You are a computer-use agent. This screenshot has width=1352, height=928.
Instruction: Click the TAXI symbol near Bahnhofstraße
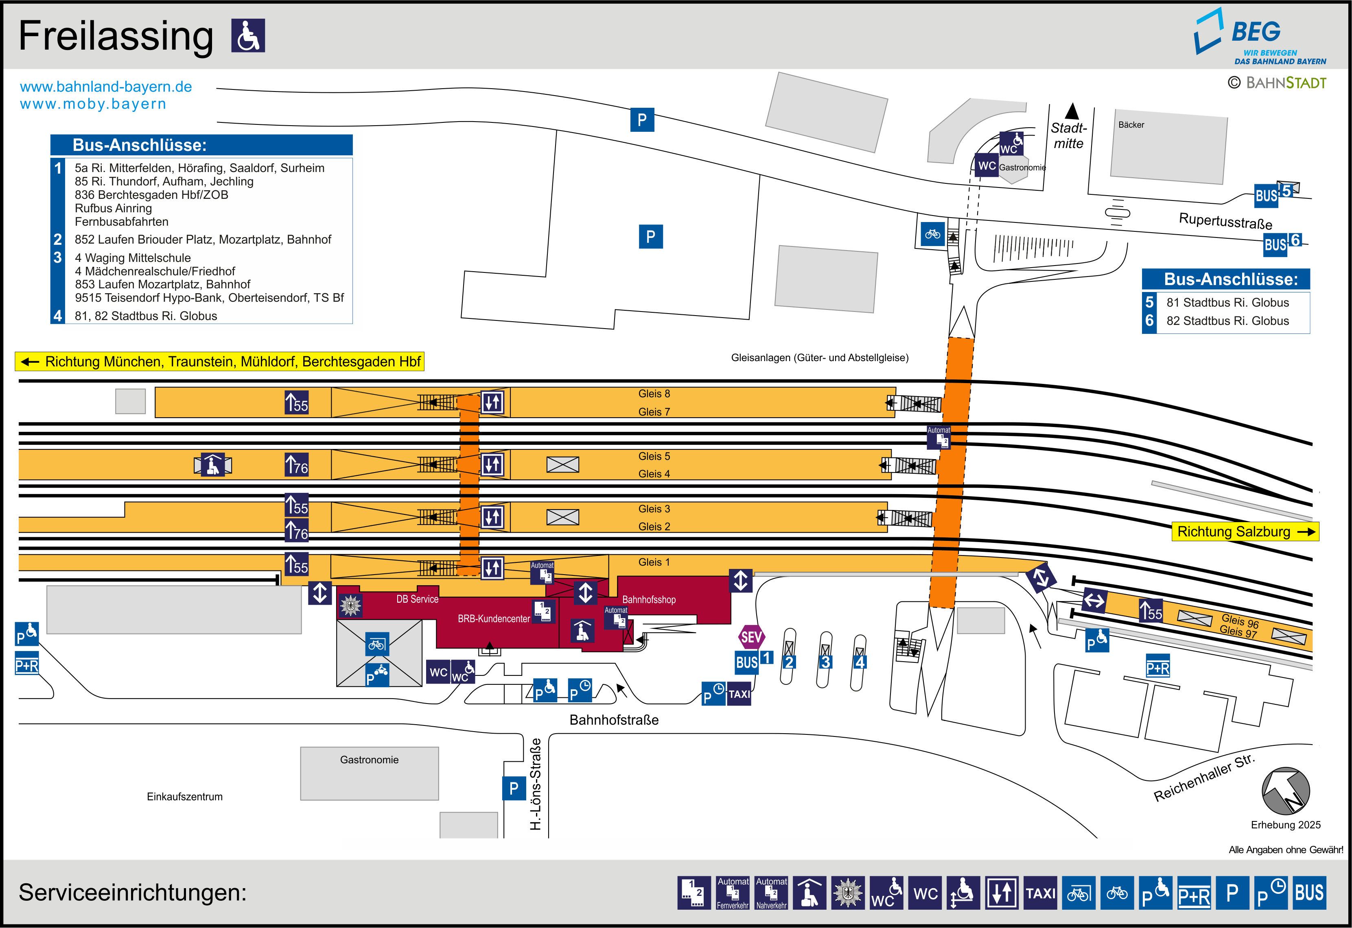[x=739, y=694]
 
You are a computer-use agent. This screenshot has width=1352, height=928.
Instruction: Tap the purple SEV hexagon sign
[x=751, y=637]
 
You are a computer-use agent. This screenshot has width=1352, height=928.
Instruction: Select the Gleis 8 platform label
[x=654, y=394]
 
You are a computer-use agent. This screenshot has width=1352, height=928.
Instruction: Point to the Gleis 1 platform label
[x=654, y=562]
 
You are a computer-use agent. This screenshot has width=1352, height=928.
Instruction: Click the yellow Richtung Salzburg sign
[x=1245, y=532]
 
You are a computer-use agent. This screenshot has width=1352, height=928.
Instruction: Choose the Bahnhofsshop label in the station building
[x=649, y=599]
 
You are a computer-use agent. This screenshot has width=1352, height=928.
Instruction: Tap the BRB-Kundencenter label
[x=493, y=619]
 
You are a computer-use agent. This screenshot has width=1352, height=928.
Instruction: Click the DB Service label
[x=417, y=599]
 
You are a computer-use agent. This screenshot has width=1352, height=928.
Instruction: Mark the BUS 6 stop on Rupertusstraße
[x=1282, y=243]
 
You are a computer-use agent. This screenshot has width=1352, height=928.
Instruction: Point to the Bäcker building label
[x=1131, y=125]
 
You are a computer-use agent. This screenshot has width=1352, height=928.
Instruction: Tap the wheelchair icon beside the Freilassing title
[x=248, y=35]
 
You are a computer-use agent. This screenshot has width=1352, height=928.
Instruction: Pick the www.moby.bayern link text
[x=93, y=104]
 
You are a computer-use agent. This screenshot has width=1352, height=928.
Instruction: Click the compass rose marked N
[x=1285, y=791]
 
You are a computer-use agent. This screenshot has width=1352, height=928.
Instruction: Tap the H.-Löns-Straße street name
[x=536, y=783]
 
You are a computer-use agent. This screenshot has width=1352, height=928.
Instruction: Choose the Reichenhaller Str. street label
[x=1204, y=778]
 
